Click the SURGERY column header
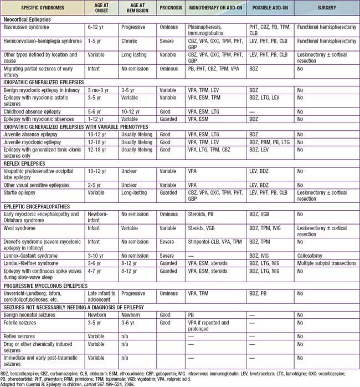(326, 9)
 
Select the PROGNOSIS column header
(167, 9)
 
